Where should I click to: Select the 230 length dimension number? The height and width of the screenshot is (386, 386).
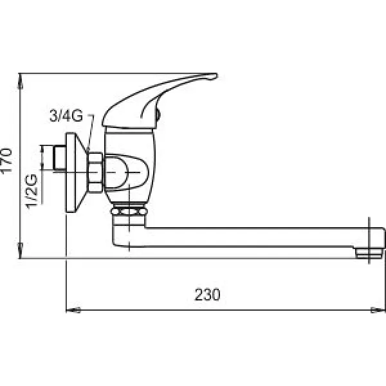click(207, 295)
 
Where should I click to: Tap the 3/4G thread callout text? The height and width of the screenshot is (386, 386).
click(66, 116)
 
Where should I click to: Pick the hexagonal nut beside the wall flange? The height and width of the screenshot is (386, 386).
click(96, 172)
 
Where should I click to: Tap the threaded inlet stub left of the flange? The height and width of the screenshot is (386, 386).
click(59, 159)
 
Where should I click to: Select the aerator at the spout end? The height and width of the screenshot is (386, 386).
click(368, 252)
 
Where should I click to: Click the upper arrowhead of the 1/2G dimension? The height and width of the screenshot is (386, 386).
click(43, 149)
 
